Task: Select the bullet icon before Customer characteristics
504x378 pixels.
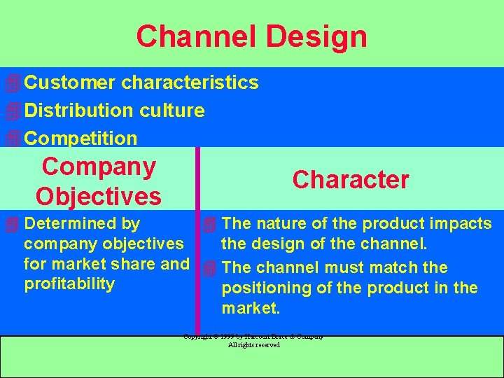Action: (x=10, y=83)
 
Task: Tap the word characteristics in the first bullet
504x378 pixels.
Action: (x=190, y=83)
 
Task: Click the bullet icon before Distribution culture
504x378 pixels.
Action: (x=10, y=111)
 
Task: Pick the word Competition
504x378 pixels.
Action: (x=80, y=139)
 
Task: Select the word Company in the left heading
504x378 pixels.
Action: (x=99, y=167)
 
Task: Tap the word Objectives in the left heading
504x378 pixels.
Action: (x=99, y=197)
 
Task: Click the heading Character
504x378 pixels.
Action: (x=351, y=180)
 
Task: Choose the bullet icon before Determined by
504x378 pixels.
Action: (x=10, y=225)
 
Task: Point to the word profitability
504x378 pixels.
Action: (x=69, y=283)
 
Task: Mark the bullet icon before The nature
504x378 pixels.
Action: (x=209, y=225)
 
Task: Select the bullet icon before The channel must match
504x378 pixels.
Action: (x=209, y=268)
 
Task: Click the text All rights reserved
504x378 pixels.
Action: (x=253, y=345)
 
